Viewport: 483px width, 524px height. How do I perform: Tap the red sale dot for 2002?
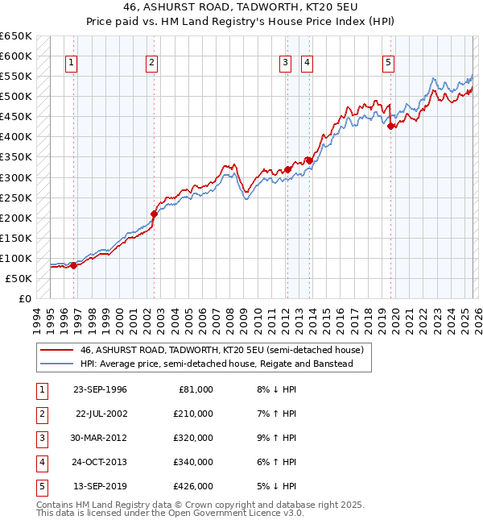154,214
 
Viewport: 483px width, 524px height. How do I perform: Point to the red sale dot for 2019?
390,126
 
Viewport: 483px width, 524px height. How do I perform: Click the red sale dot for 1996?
73,265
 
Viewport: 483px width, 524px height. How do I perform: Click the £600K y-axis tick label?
15,56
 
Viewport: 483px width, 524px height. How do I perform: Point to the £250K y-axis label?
15,198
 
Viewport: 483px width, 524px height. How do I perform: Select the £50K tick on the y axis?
19,278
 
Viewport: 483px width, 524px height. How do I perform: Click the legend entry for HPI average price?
226,364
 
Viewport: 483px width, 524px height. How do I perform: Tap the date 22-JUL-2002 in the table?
101,414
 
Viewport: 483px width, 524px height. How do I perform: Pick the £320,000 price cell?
193,438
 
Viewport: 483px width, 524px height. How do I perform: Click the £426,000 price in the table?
193,486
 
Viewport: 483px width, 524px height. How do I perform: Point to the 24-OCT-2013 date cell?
100,462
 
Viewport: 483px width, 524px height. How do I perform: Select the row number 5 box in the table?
41,486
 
